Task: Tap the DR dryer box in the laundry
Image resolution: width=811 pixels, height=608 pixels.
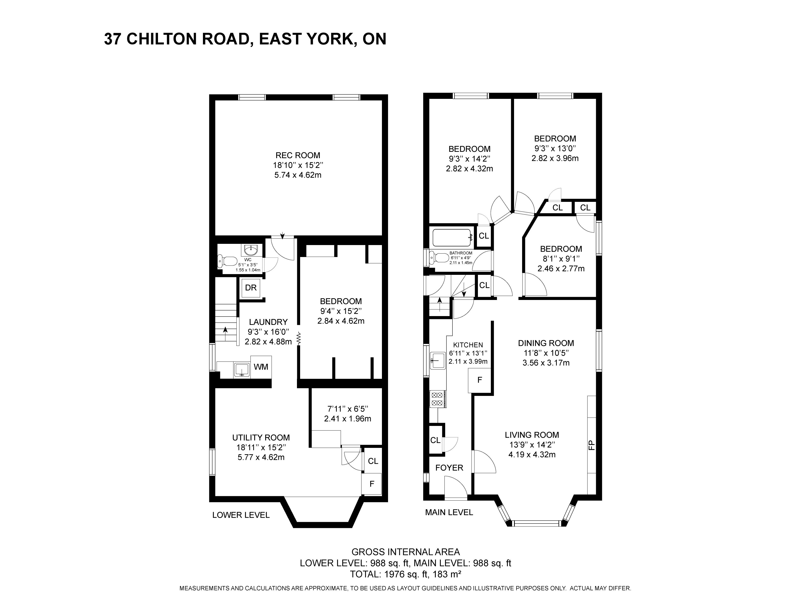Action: tap(251, 288)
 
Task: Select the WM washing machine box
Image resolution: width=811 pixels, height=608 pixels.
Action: tap(261, 367)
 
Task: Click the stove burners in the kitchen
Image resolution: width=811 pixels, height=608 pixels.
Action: tap(437, 399)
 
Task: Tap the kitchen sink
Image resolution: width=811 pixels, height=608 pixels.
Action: tap(437, 360)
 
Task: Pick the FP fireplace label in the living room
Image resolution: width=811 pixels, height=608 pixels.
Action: tap(591, 445)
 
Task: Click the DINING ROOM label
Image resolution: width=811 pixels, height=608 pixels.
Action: tap(546, 343)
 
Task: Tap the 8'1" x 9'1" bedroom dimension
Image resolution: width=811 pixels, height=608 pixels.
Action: tap(561, 259)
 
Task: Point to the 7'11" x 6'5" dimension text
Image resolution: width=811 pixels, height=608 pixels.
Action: tap(348, 409)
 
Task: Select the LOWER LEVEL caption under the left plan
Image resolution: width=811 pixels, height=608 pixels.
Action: tap(241, 515)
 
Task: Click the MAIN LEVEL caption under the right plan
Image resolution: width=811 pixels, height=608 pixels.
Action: tap(449, 512)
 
